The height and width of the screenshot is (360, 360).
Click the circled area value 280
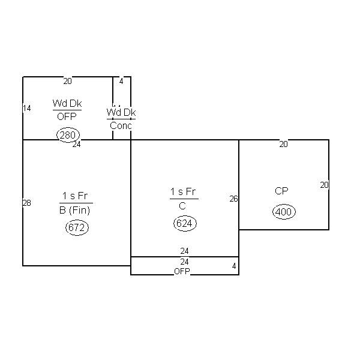[x=68, y=135]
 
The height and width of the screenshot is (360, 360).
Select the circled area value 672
[x=77, y=227]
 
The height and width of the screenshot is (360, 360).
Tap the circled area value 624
[x=185, y=223]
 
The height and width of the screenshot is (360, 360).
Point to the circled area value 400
[x=284, y=211]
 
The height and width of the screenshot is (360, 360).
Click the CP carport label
[x=281, y=191]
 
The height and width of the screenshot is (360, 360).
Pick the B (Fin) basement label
[x=74, y=211]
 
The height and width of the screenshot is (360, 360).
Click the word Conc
[x=121, y=125]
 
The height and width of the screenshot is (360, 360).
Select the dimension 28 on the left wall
[x=27, y=203]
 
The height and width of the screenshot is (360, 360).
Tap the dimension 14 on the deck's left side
[x=27, y=108]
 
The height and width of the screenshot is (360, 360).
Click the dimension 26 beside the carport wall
[x=234, y=199]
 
